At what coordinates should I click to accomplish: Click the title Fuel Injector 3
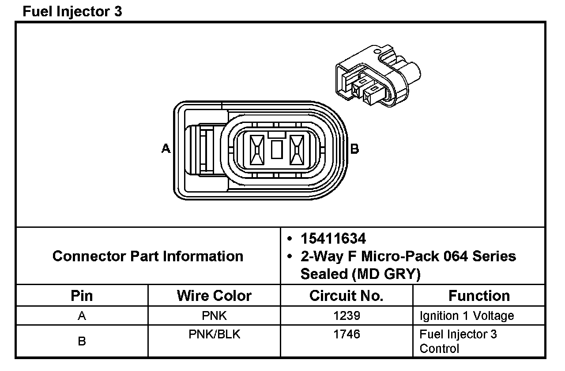[x=72, y=11]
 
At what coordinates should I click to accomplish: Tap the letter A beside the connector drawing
[x=166, y=148]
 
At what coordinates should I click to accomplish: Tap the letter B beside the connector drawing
[x=354, y=149]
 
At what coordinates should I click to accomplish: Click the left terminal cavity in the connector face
[x=257, y=150]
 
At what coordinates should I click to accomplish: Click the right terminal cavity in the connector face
[x=297, y=150]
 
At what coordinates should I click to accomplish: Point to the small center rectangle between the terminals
[x=277, y=149]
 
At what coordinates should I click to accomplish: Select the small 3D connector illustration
[x=378, y=76]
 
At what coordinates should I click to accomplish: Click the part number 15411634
[x=333, y=239]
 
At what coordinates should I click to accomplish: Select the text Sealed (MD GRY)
[x=361, y=274]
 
